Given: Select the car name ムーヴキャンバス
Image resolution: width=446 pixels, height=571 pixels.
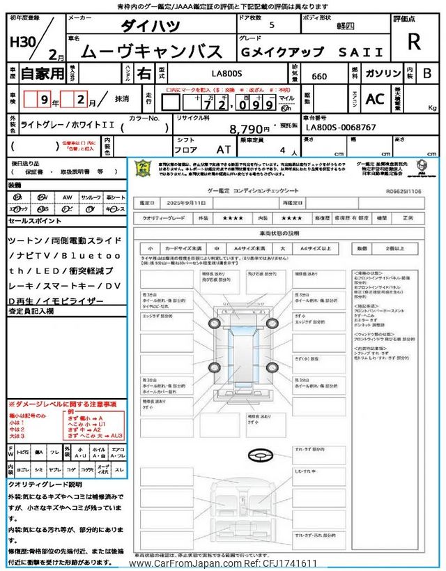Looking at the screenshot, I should [x=152, y=50].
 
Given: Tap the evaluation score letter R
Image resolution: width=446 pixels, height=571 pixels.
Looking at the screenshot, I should [x=414, y=42].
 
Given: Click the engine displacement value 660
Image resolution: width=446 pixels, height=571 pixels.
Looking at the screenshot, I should [x=319, y=77].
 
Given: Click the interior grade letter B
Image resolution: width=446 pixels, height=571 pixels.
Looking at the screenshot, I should [x=427, y=73].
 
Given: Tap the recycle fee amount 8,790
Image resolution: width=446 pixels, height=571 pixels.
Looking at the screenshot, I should [x=249, y=129].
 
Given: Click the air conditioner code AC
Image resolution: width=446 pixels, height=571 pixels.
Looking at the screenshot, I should [x=375, y=99].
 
